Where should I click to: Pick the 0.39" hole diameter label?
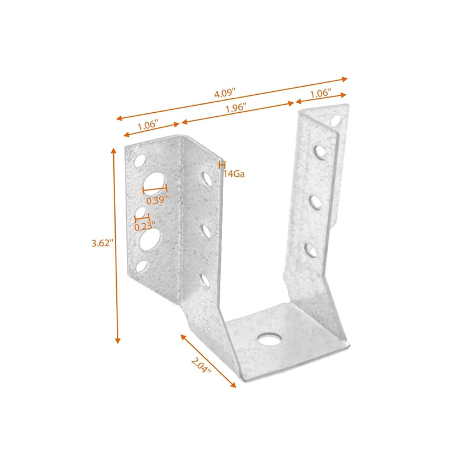coord(157,200)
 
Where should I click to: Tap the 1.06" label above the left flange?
coord(149,126)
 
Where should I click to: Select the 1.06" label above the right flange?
coord(320,92)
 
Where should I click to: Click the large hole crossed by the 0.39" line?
coord(153,183)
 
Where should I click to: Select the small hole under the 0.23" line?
coord(141,213)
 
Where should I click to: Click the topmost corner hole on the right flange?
coord(336,121)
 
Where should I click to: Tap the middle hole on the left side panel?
coord(206,231)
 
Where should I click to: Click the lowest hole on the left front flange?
coord(142,267)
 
